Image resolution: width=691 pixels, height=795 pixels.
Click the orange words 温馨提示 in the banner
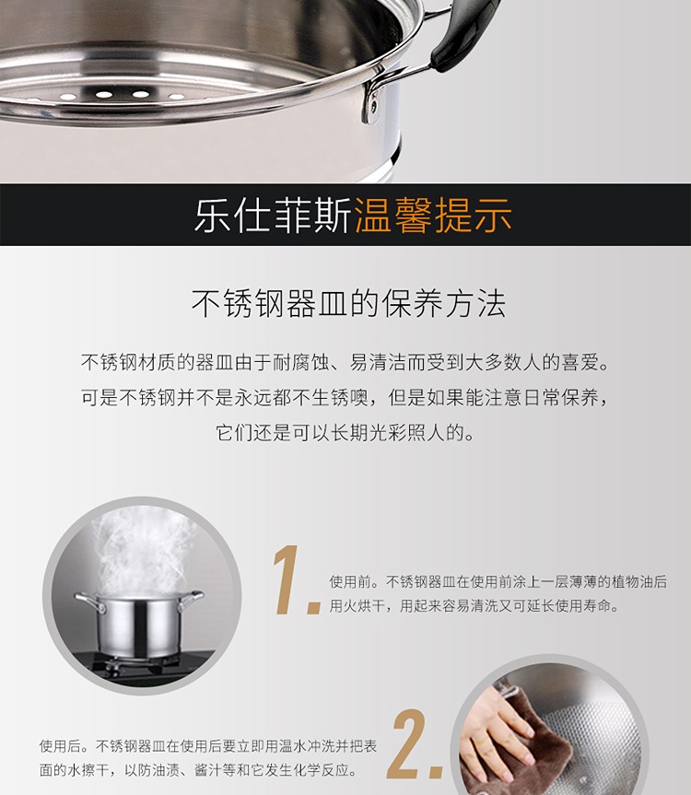(x=433, y=215)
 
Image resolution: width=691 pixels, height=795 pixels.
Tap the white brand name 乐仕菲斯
(x=274, y=215)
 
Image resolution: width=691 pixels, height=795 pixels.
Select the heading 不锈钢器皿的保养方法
(x=348, y=304)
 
